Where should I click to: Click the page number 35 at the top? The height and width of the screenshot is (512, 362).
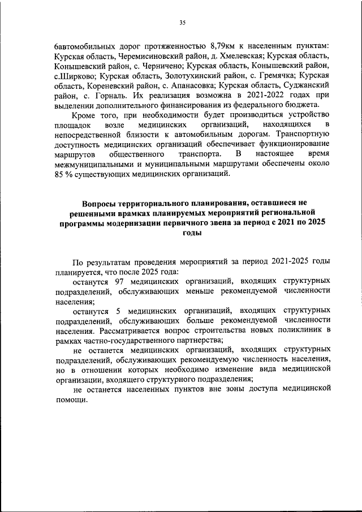(x=182, y=23)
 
